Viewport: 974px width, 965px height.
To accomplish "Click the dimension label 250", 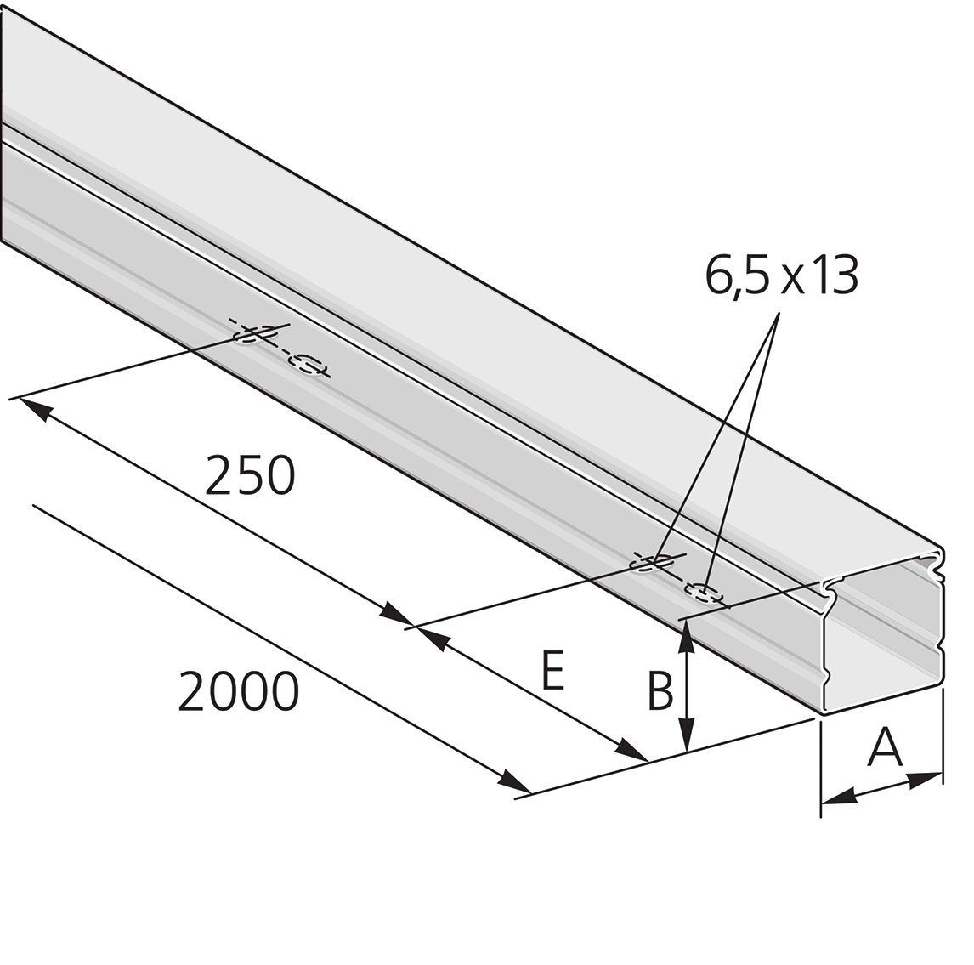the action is click(250, 476).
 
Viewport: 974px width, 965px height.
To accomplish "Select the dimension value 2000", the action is click(239, 691).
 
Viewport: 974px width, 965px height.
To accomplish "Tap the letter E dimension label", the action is click(552, 671).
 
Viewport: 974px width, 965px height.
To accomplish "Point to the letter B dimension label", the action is click(660, 690).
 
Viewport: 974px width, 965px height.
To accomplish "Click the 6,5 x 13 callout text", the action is click(781, 275).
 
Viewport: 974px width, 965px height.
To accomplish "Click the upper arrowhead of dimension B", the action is click(686, 637).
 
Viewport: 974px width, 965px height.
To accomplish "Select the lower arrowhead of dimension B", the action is click(686, 735).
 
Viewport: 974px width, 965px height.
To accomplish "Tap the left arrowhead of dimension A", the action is click(839, 796).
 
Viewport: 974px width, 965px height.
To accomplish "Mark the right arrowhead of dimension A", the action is click(926, 779).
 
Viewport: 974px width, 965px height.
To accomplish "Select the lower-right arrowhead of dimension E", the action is click(631, 751).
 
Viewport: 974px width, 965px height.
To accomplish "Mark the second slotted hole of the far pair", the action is click(306, 364).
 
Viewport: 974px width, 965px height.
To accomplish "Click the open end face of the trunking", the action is click(883, 632).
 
